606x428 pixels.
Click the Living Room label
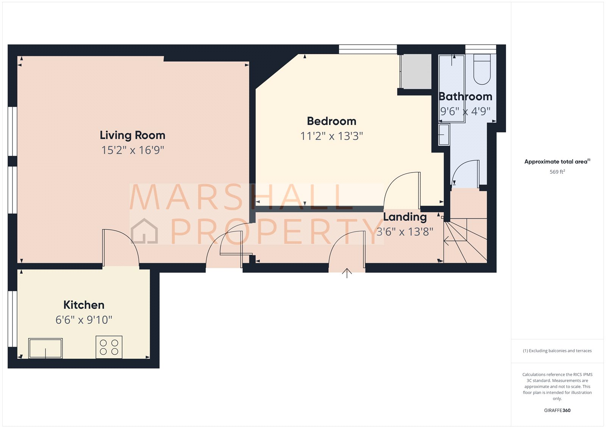(132, 135)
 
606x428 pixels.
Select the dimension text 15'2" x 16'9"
(132, 150)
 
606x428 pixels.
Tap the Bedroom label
(331, 121)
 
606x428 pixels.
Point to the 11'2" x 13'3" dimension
(331, 136)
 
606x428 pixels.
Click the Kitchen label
(84, 305)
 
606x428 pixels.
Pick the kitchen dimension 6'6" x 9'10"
(84, 320)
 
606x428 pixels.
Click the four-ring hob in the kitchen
(109, 347)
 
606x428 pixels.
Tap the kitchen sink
(45, 348)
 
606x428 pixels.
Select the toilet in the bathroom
(482, 70)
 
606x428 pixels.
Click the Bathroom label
(465, 97)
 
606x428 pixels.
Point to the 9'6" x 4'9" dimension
(465, 111)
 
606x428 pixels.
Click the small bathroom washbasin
(444, 135)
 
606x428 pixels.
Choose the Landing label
(405, 217)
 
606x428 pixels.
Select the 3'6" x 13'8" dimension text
(405, 232)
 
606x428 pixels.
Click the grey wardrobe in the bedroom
(416, 72)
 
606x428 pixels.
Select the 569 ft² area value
(557, 172)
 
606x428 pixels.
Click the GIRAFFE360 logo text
(557, 410)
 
